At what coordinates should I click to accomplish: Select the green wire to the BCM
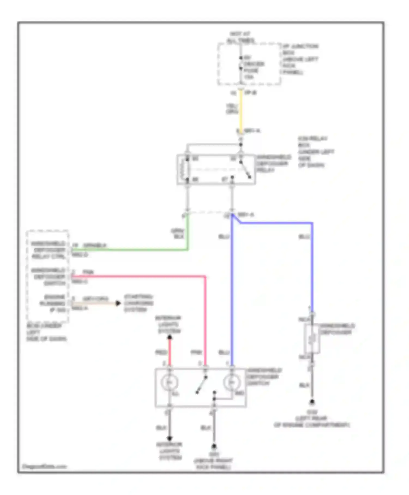(131, 249)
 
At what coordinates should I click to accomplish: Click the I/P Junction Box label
(300, 59)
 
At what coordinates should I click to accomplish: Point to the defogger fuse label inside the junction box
(254, 67)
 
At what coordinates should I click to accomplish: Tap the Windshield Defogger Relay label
(273, 163)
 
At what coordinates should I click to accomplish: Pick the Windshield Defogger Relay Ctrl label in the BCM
(48, 250)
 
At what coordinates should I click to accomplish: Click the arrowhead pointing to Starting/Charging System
(118, 303)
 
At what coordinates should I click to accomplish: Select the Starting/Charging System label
(139, 303)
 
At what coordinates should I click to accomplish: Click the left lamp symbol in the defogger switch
(169, 383)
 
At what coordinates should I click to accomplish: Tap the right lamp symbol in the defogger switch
(231, 383)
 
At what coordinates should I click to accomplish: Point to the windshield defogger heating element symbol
(312, 339)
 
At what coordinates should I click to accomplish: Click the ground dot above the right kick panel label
(214, 446)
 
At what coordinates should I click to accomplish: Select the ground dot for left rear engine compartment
(312, 402)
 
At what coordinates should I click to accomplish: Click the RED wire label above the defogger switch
(161, 353)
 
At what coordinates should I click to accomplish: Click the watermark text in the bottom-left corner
(44, 466)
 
